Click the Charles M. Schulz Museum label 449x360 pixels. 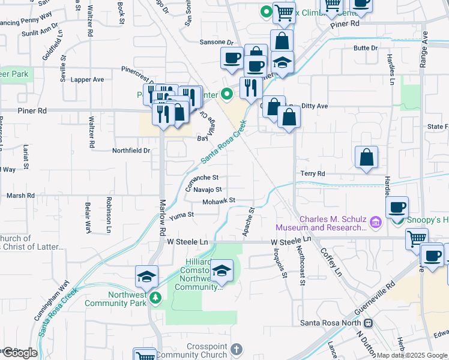tap(321, 223)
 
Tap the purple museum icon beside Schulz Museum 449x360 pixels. tap(376, 223)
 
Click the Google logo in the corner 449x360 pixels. tap(19, 353)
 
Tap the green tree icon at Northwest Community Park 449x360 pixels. tap(155, 298)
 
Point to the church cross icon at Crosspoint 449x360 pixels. tap(237, 349)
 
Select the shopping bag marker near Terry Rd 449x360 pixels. tap(366, 158)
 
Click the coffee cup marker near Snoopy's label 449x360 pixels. tap(397, 208)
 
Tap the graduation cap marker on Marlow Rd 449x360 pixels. tap(146, 277)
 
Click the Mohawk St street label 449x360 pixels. tap(218, 200)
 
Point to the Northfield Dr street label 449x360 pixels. tap(130, 151)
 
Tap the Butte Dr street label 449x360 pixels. tap(366, 47)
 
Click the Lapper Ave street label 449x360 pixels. tap(87, 79)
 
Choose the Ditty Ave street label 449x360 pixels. tap(314, 106)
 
